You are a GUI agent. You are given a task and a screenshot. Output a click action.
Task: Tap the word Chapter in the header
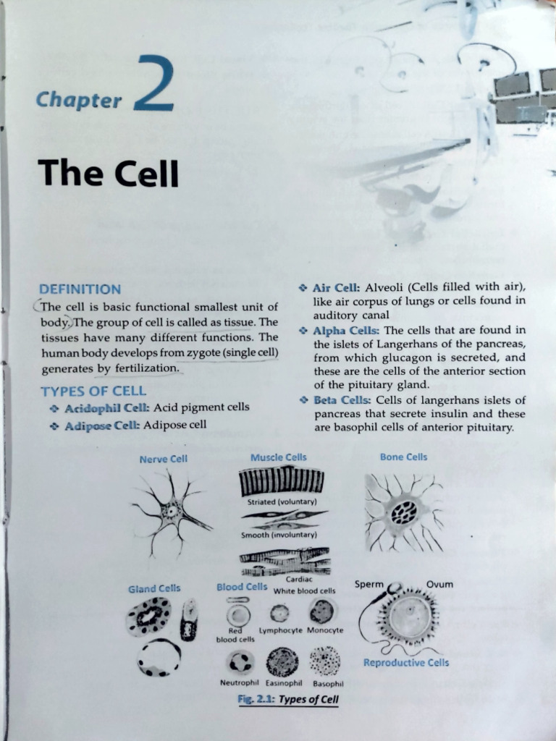[x=79, y=100]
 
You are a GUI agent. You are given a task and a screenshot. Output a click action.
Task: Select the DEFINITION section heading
[x=80, y=289]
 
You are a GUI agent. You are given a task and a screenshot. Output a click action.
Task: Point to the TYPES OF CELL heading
[x=93, y=391]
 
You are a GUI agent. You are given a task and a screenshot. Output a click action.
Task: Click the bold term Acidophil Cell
[x=107, y=408]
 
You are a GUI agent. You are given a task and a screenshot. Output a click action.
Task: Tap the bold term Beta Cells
[x=343, y=400]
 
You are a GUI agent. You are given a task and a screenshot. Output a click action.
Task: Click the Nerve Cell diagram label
[x=163, y=459]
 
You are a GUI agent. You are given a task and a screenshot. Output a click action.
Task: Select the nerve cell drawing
[x=171, y=511]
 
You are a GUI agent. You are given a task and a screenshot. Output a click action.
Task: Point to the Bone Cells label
[x=403, y=457]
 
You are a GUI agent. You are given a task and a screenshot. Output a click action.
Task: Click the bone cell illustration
[x=403, y=512]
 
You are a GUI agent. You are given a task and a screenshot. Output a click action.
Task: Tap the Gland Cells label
[x=154, y=589]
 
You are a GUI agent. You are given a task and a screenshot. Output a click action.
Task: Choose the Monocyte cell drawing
[x=321, y=612]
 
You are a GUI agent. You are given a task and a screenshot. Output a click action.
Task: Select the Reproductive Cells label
[x=405, y=663]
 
